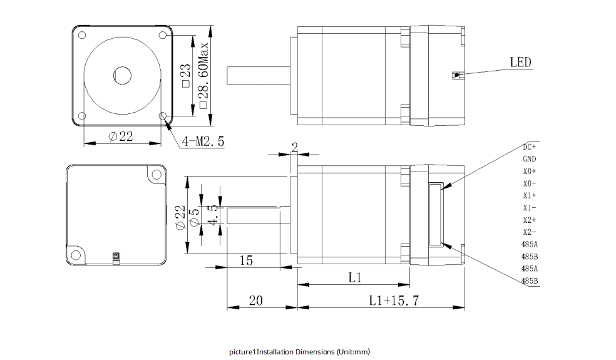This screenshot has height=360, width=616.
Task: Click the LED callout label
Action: coord(520,62)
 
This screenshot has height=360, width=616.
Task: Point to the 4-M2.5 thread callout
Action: coord(203,141)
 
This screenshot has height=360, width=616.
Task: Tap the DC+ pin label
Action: coord(530,147)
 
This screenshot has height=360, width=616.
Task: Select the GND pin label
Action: coord(530,159)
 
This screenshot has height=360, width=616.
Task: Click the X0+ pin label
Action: coord(530,172)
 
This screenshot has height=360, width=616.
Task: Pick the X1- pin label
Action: coord(530,208)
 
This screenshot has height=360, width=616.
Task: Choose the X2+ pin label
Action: coord(530,220)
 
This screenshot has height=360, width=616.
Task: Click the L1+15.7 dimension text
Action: coord(394,301)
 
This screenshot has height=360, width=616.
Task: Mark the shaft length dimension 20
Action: coord(255,301)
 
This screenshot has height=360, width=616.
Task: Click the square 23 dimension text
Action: coord(185,75)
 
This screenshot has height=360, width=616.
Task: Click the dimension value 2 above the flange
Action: coord(294,147)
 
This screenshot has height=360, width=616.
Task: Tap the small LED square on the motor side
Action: coord(456,75)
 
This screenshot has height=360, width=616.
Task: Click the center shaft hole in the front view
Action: coord(123,76)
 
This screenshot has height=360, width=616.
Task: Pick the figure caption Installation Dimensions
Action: coord(300,352)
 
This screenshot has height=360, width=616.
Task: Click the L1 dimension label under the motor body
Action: coord(355,277)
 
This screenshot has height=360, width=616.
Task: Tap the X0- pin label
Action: coord(530,183)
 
